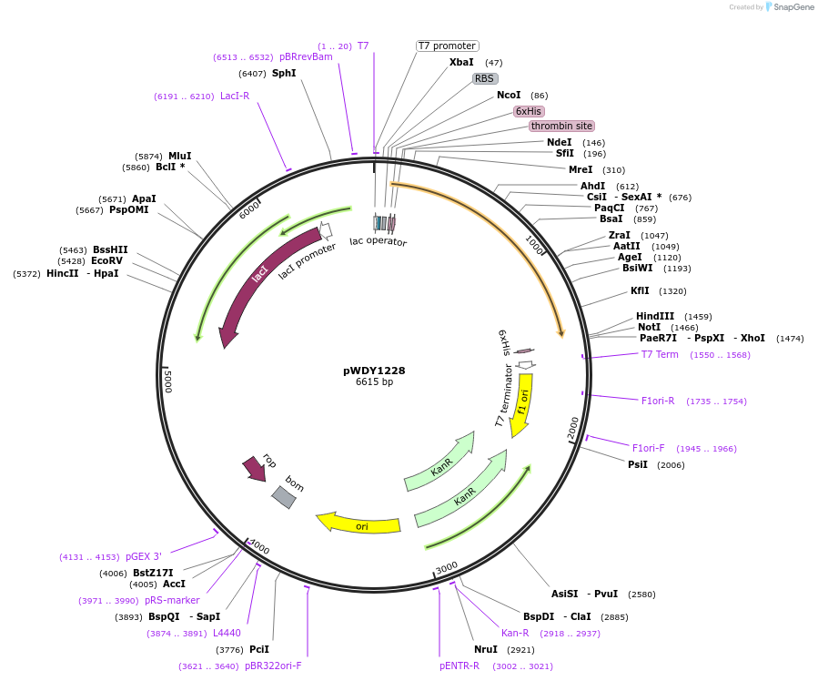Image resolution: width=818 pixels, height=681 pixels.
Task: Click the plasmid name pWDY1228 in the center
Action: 374,371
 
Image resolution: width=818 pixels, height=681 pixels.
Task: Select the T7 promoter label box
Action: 448,46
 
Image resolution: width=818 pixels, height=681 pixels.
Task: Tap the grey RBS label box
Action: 484,78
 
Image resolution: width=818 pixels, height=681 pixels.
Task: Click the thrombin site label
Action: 561,126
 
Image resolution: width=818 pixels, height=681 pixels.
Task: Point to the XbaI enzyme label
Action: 461,62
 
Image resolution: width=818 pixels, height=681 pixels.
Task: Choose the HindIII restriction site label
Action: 655,316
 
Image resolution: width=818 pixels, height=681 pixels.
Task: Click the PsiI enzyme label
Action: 638,464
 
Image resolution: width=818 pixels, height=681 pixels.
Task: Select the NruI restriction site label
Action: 486,649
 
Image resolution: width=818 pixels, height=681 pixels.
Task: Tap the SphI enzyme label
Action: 284,73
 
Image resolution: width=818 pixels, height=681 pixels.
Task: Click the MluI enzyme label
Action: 179,156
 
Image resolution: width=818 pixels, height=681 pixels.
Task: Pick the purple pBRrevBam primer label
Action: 306,56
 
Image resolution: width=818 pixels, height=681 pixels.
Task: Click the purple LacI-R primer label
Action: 235,96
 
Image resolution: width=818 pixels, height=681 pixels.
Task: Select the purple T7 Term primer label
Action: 660,354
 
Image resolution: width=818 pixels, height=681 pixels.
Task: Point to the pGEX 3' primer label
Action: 144,556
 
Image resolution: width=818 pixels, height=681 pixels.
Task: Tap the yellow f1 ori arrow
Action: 521,404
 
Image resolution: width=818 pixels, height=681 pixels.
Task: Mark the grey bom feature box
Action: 284,496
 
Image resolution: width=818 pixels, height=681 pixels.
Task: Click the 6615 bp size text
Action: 374,382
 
